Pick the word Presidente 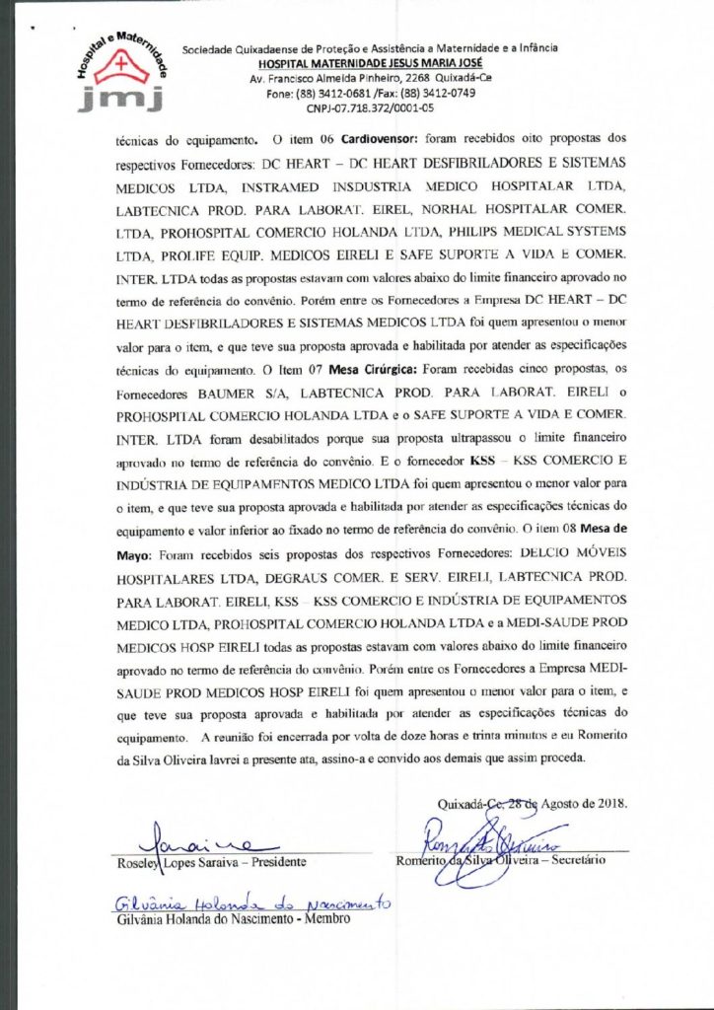coord(278,862)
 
